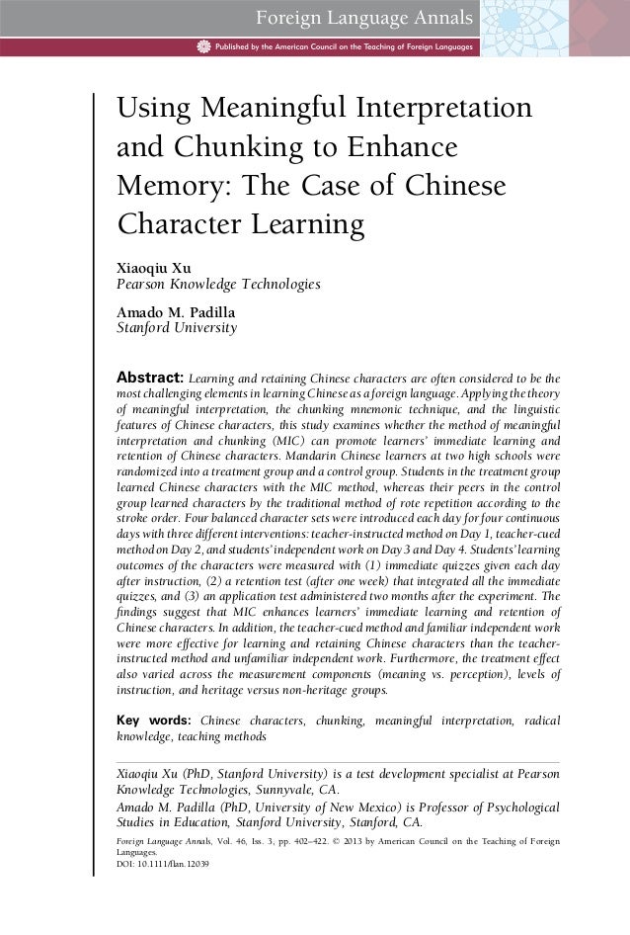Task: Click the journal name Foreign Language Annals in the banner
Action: pos(364,17)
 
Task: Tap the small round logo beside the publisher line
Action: pos(204,45)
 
